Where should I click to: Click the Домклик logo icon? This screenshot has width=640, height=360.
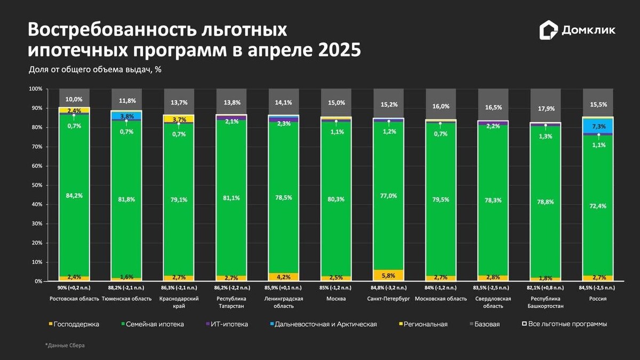pos(548,30)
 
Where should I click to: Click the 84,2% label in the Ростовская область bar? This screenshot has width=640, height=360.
pos(74,195)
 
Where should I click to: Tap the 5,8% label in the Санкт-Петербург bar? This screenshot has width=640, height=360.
pos(388,275)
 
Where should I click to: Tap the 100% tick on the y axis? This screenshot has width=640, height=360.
pos(35,89)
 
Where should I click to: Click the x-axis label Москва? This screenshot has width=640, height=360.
pos(336,299)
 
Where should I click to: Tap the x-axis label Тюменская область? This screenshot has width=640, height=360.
pos(126,299)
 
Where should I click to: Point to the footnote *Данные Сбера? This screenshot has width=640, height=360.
pos(65,346)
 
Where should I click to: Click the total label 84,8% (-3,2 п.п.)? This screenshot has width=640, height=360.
pos(388,287)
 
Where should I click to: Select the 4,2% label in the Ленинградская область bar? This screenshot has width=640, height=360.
pos(283,277)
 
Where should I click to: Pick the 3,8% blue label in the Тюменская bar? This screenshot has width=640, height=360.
pos(126,116)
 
